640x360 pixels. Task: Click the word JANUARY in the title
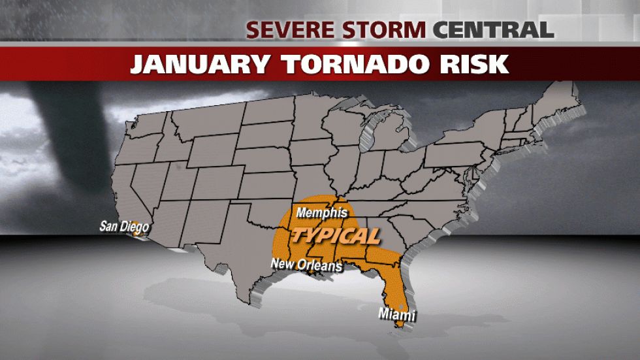[197, 64]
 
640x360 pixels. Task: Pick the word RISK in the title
[472, 64]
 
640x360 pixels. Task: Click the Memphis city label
[321, 212]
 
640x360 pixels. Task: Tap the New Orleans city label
[306, 265]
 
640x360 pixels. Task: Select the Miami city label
[397, 316]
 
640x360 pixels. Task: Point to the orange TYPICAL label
[335, 235]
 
